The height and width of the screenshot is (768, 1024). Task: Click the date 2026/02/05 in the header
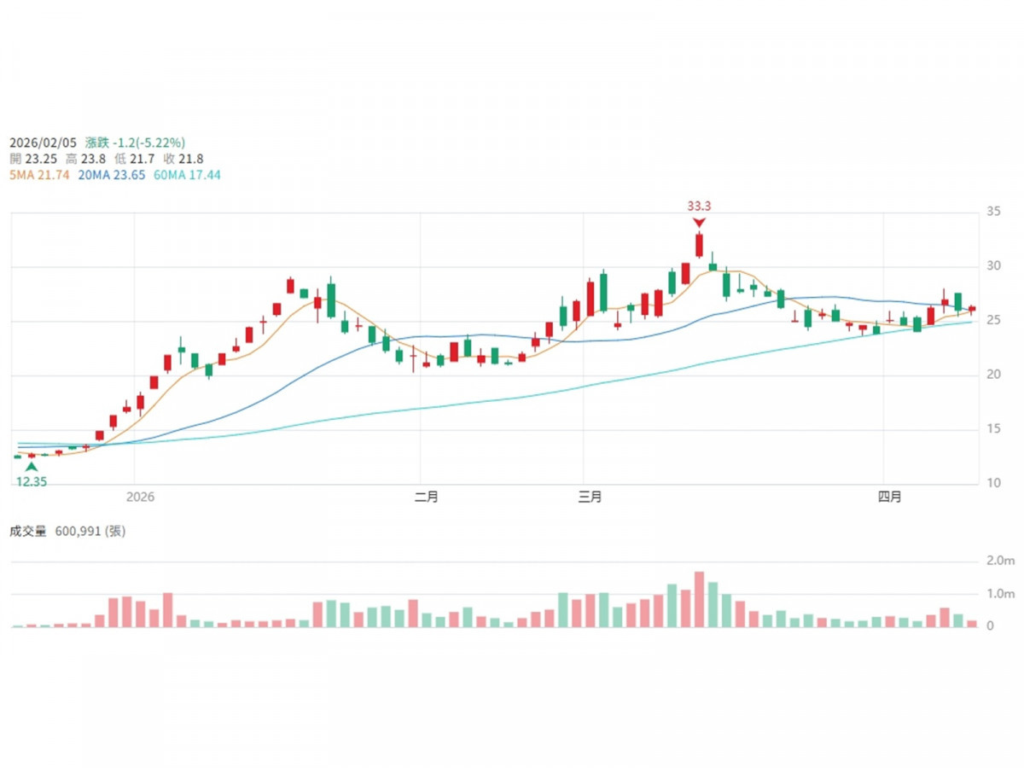click(42, 143)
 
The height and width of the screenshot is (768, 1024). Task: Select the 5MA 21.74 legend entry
click(39, 174)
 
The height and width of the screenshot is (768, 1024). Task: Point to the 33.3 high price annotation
click(699, 206)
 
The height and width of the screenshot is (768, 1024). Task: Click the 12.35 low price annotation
click(31, 482)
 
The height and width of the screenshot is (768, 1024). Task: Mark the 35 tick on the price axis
click(992, 212)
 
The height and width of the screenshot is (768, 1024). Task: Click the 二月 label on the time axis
click(426, 497)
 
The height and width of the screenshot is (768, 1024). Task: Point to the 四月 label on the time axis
click(890, 497)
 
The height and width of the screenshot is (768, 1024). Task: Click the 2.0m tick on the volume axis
click(1000, 561)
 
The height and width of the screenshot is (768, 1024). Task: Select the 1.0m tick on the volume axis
click(1000, 594)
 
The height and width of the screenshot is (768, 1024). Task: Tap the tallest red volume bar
click(699, 599)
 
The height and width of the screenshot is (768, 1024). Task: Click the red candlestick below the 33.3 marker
click(699, 245)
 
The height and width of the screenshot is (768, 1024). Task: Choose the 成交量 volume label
click(28, 531)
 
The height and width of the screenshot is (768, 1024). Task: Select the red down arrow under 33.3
click(699, 223)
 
